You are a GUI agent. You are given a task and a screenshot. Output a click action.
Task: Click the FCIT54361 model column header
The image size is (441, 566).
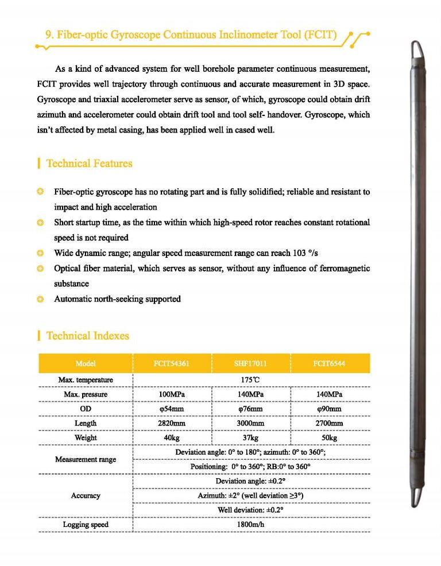[172, 363]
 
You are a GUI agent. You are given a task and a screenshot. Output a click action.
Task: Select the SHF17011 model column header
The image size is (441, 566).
[250, 363]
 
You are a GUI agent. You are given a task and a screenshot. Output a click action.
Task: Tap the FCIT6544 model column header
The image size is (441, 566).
[330, 363]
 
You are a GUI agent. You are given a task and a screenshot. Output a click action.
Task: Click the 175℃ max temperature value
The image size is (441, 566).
[250, 380]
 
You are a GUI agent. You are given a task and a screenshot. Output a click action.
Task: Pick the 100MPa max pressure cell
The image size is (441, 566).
[172, 394]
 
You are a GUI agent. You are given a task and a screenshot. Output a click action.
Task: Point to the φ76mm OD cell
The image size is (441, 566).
[250, 409]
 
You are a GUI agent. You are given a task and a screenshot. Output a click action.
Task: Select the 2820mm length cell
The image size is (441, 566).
[172, 423]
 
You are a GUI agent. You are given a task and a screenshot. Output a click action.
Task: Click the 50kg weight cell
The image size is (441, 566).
[330, 437]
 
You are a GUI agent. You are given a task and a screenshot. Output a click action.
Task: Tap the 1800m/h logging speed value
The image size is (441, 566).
[250, 524]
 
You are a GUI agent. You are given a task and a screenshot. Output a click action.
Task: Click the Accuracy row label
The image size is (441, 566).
[86, 495]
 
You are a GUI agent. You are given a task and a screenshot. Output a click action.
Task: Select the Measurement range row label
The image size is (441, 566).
[86, 459]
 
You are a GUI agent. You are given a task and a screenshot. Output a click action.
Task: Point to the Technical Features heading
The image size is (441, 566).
[89, 164]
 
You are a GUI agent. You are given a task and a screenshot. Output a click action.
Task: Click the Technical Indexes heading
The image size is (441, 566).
[87, 336]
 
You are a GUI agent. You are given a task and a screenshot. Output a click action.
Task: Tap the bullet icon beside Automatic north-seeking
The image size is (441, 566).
[40, 299]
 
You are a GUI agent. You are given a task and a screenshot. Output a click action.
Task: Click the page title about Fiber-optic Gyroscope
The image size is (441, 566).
[191, 35]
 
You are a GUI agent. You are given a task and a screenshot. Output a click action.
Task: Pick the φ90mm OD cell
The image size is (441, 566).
[330, 409]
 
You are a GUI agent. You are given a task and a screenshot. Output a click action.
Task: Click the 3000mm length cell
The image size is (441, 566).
[250, 423]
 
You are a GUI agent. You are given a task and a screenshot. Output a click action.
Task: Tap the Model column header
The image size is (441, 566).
[86, 363]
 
